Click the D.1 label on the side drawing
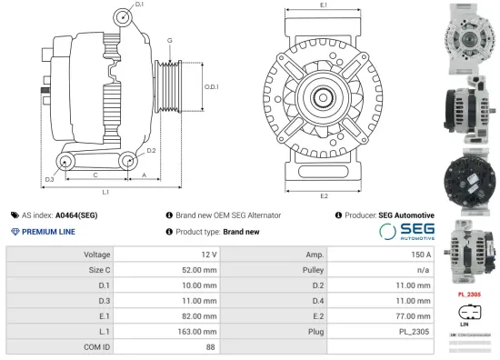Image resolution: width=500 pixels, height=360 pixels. pos(139,6)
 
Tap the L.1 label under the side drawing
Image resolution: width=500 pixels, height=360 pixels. pos(105,192)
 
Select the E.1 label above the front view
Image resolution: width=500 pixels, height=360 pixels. pos(325,6)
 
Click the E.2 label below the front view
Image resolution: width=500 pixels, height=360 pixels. pos(325,195)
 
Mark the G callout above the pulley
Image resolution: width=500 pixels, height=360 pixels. pos(169,41)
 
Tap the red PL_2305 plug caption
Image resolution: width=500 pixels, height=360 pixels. pos(469,295)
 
